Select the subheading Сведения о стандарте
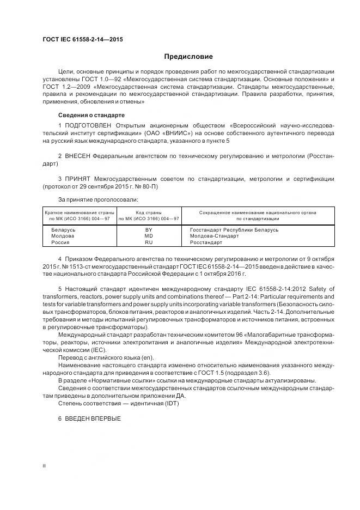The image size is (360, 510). tap(91, 116)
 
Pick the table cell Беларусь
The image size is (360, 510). tap(63, 229)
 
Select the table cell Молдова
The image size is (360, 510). tap(63, 236)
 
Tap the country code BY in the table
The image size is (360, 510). tap(149, 229)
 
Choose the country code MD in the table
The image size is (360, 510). tap(149, 236)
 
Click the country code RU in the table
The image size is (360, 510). tap(149, 242)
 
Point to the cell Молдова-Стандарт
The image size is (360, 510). tap(214, 236)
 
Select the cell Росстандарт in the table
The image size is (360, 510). tap(207, 242)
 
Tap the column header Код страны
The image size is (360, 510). tap(149, 212)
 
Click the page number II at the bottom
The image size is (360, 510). tap(44, 466)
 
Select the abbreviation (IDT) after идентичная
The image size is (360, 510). tap(170, 403)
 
